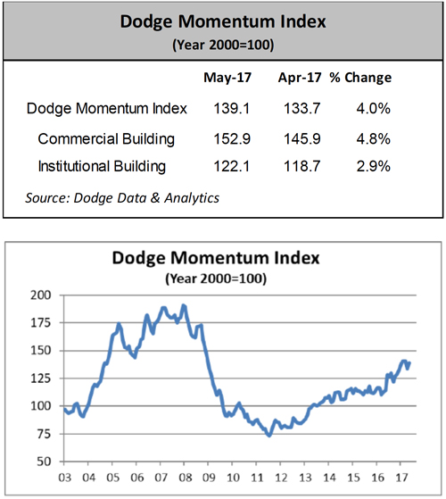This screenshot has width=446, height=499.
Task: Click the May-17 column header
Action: click(227, 78)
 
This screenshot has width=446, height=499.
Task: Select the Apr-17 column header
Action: click(300, 78)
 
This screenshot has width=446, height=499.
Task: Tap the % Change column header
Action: click(360, 78)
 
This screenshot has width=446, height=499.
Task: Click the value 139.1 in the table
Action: click(232, 109)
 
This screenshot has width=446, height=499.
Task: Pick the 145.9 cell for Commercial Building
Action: click(302, 139)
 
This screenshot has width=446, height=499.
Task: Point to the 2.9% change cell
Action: click(373, 166)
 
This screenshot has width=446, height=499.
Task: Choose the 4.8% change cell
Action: click(373, 139)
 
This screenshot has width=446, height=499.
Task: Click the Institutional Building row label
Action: click(102, 166)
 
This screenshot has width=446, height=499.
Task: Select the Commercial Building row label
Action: click(106, 139)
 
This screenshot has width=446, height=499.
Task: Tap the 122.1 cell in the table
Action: click(232, 166)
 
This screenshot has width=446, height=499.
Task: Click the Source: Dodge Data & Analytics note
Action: click(122, 198)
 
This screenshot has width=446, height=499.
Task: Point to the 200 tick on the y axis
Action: click(41, 295)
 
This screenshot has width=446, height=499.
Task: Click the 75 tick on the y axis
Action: click(45, 434)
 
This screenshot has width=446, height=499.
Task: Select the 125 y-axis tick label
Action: click(41, 378)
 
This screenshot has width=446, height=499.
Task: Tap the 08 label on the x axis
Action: click(186, 478)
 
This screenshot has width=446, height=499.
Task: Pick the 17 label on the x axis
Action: click(401, 478)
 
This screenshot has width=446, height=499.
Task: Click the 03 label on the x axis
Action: click(65, 478)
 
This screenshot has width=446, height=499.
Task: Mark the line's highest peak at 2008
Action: click(184, 305)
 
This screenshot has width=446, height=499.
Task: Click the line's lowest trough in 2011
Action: click(269, 436)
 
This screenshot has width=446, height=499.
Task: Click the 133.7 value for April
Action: click(302, 109)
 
